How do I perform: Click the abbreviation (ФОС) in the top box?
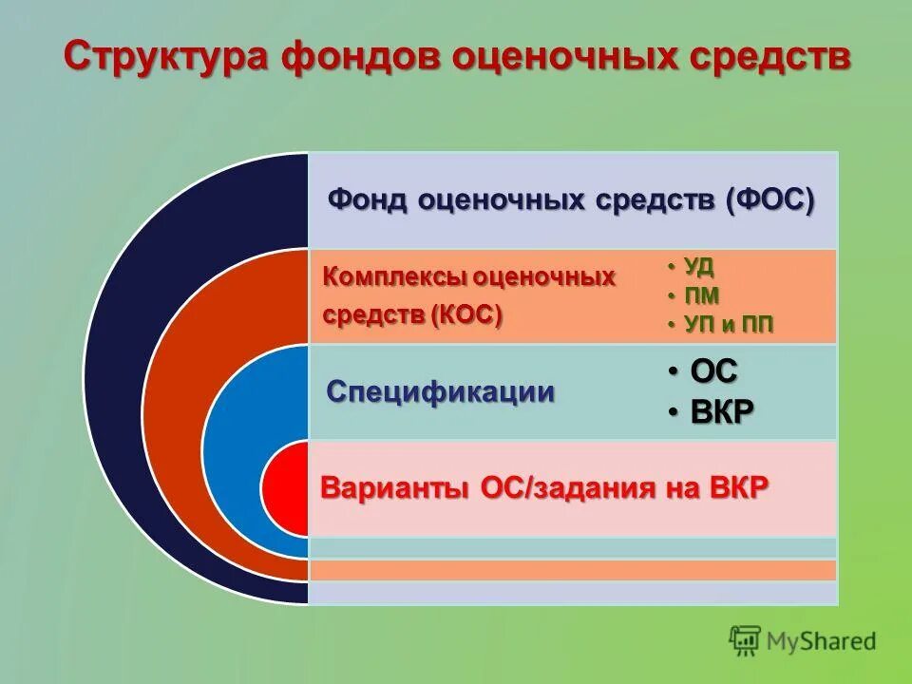tap(769, 200)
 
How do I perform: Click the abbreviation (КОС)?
tap(465, 314)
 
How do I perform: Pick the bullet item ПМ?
tap(701, 295)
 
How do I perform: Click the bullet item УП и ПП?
tap(729, 325)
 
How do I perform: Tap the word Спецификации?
tap(440, 391)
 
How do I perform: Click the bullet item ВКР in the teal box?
tap(721, 412)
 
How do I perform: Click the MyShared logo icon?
tap(746, 640)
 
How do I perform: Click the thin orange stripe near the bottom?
tap(572, 570)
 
